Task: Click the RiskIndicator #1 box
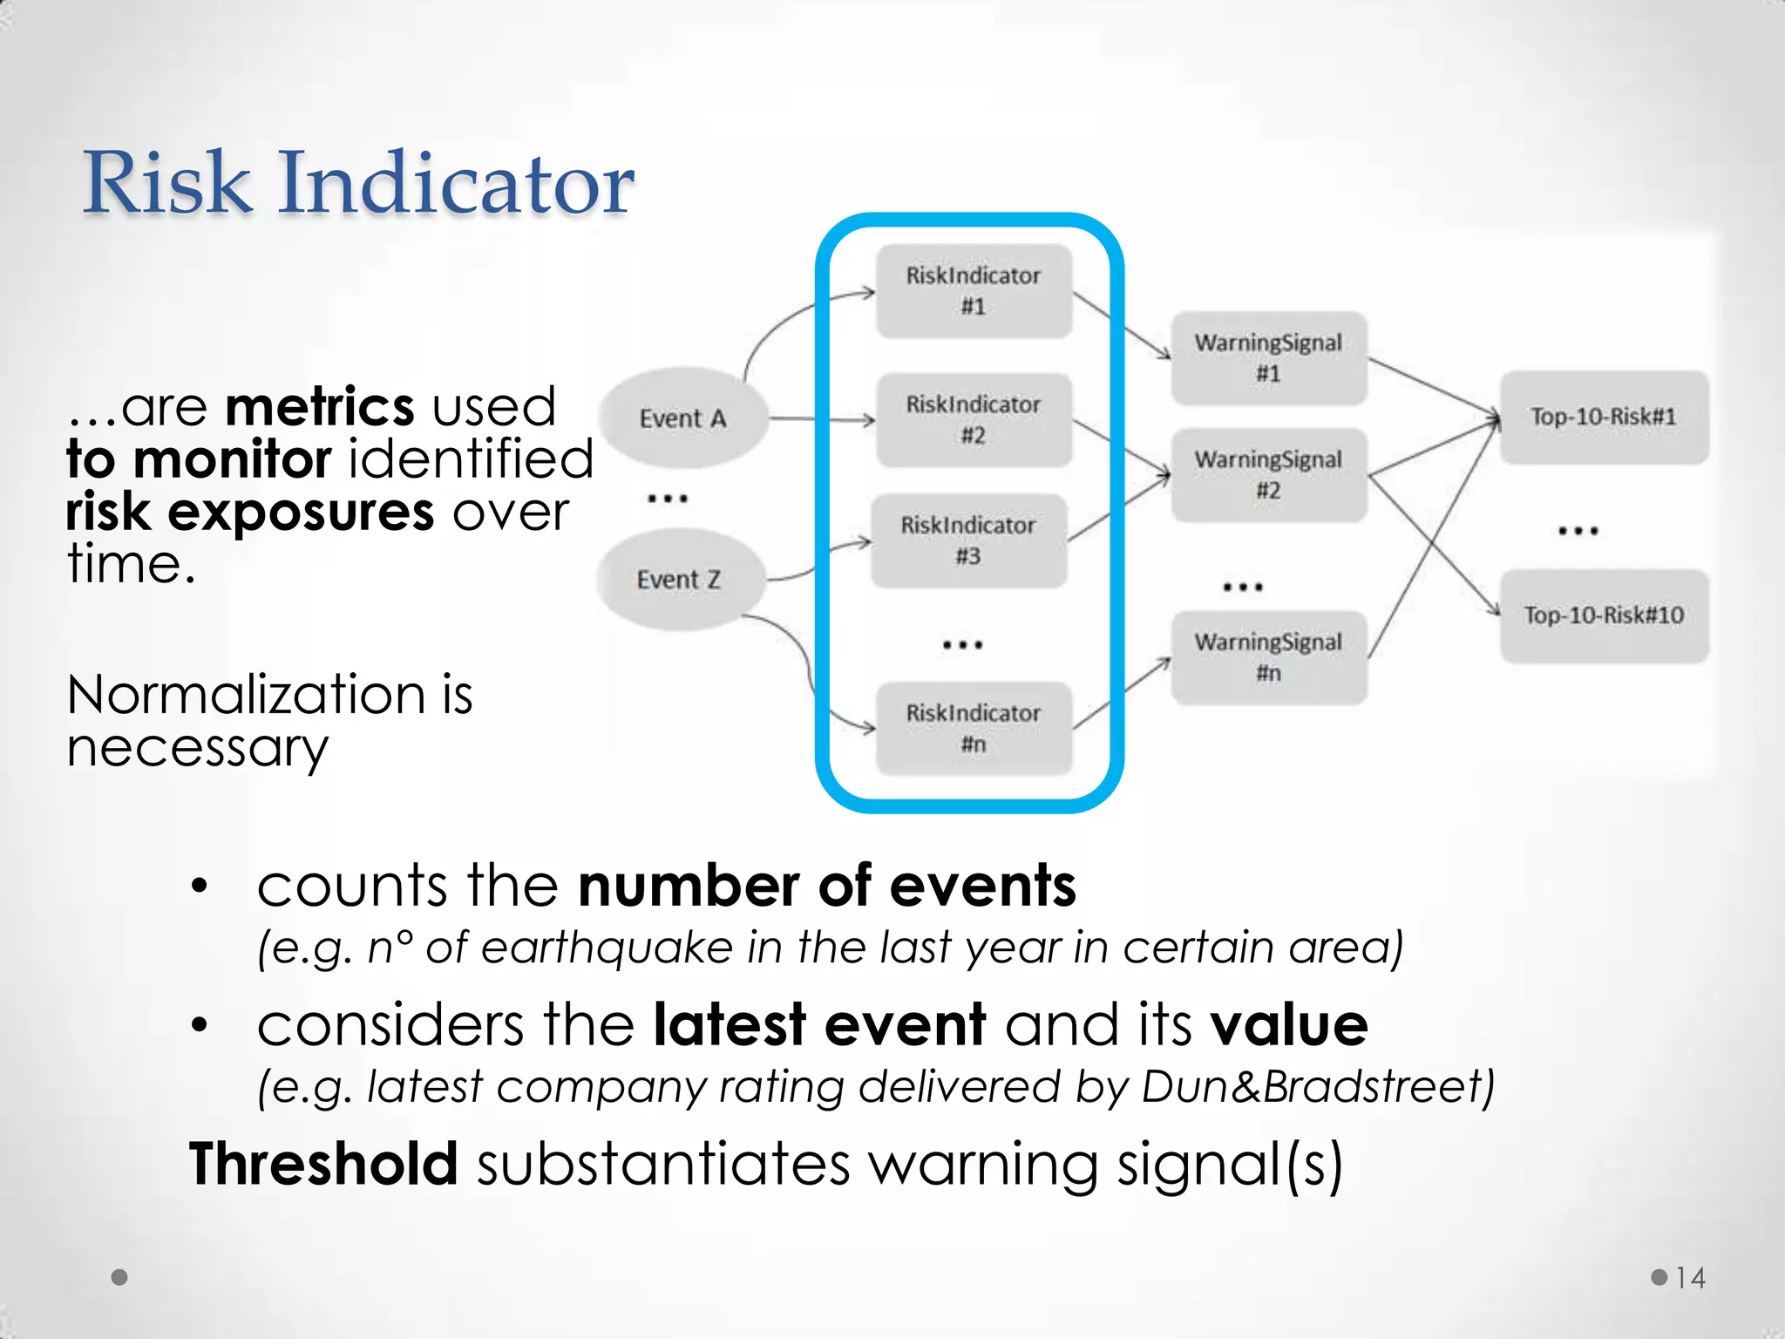974,291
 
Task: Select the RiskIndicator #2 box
974,420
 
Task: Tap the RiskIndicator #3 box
968,540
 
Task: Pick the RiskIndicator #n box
974,729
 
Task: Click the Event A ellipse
683,418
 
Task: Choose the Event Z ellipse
680,580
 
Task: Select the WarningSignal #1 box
1268,358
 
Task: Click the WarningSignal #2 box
1268,475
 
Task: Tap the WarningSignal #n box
1268,657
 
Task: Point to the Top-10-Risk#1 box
1604,417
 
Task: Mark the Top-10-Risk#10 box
1604,615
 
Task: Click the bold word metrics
320,406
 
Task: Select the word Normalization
246,696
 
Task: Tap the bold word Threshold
323,1164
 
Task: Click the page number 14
1690,1278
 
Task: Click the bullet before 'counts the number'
200,887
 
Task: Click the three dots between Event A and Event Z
668,499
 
